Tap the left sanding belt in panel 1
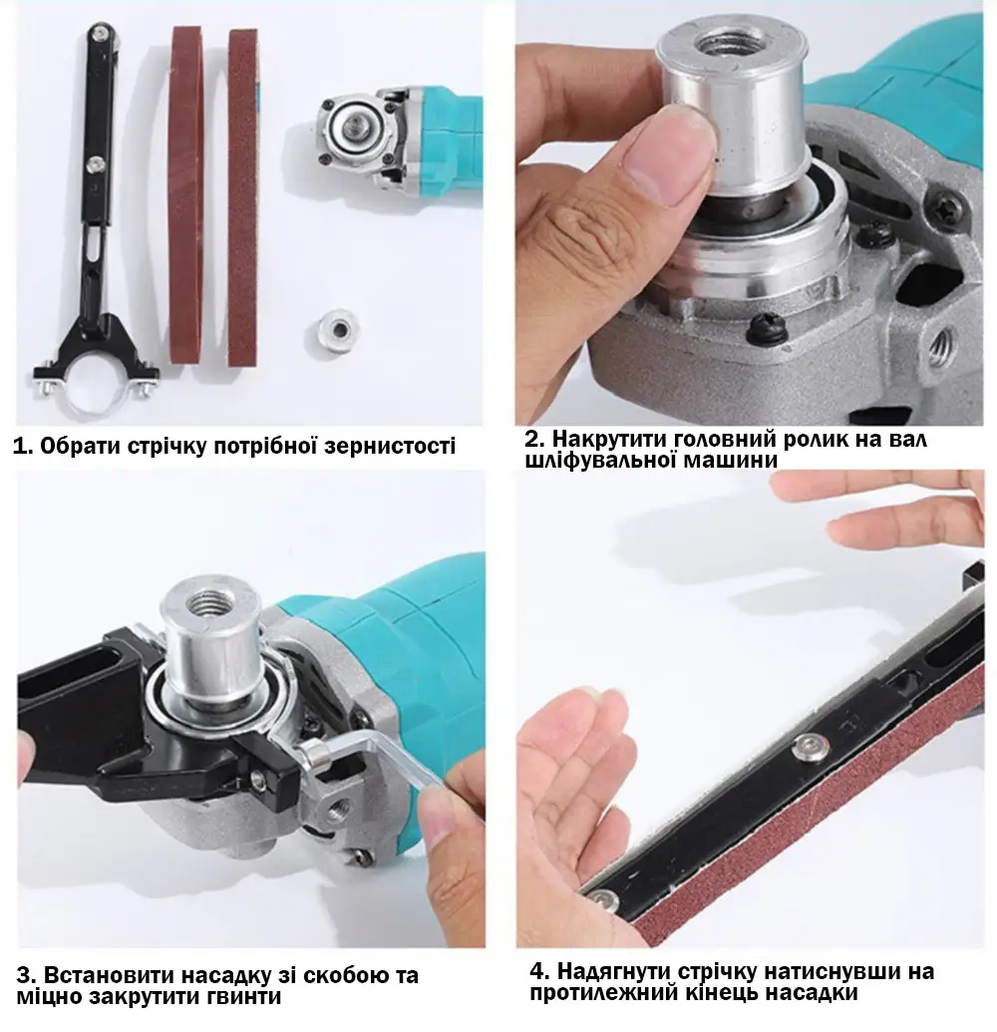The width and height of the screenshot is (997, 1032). tap(186, 194)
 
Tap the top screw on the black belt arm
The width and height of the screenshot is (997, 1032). tap(100, 31)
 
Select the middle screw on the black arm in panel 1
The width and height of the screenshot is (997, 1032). tap(96, 162)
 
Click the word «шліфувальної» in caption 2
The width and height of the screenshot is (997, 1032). tap(599, 460)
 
